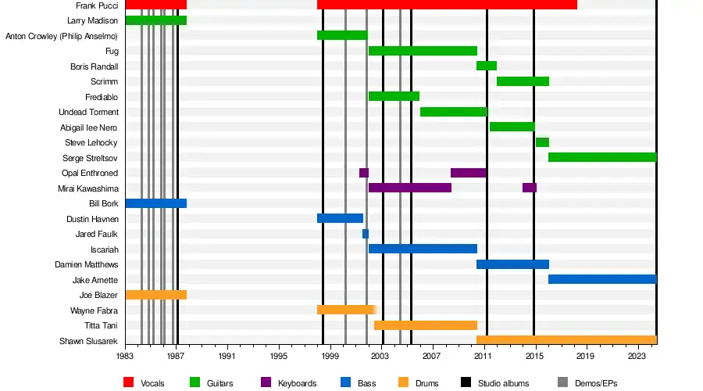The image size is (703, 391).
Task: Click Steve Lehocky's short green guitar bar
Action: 542,142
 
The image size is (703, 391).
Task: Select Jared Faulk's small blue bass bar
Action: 366,234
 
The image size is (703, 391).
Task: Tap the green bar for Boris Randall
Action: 487,66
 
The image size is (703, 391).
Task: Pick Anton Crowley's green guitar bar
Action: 342,35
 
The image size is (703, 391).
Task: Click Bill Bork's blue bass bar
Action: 155,203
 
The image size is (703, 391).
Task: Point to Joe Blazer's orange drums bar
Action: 155,295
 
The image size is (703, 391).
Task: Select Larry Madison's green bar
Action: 155,20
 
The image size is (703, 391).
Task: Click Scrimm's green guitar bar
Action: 523,81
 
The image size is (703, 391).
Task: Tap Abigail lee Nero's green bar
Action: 512,127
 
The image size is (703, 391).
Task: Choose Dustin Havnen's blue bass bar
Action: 340,218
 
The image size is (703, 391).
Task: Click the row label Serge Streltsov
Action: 90,158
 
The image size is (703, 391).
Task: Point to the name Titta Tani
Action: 101,325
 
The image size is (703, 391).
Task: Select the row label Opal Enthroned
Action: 89,173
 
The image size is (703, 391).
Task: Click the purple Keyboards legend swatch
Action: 266,382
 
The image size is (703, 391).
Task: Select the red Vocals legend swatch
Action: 129,382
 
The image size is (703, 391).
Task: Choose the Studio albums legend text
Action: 505,383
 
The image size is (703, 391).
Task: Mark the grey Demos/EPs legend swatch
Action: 563,382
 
